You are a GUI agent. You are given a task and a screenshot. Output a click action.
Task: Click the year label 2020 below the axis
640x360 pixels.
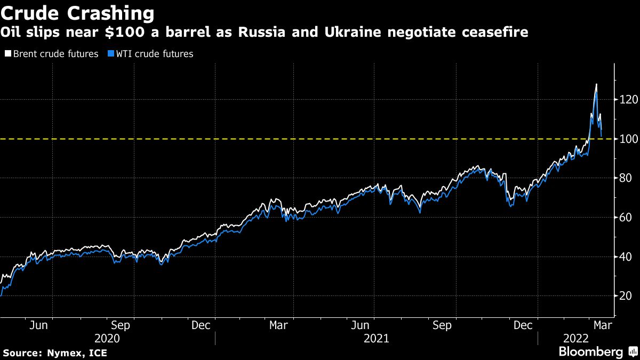coord(107,338)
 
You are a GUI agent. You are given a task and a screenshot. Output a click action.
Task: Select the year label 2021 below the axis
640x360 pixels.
coord(376,338)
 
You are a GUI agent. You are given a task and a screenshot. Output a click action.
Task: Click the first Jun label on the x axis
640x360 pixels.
coord(39,325)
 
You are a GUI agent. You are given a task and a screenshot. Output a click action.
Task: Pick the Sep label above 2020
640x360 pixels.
coord(121,325)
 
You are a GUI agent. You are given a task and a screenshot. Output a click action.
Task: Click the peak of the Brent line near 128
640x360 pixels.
coord(596,84)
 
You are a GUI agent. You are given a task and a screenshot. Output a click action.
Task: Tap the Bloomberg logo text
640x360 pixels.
coord(590,351)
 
